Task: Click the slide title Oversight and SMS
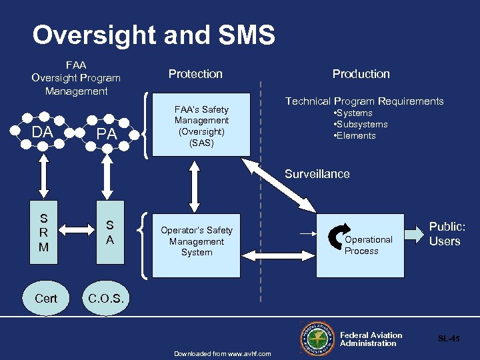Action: pos(153,35)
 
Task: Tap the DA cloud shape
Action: pos(43,133)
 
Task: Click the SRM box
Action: pos(44,233)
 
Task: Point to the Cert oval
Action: pos(45,299)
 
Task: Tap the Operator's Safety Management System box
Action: pos(196,242)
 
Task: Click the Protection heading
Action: pos(195,74)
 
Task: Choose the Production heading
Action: pos(361,74)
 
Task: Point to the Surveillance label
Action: pos(317,174)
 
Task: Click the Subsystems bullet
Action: pos(360,125)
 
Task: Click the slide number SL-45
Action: pos(449,339)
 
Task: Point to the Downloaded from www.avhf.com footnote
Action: pos(223,353)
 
